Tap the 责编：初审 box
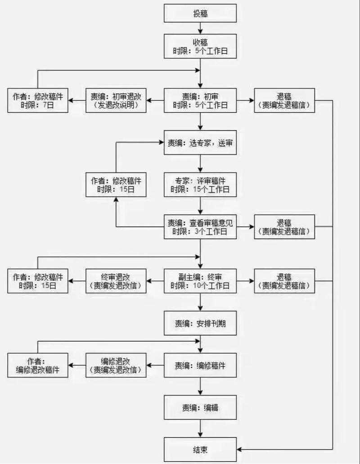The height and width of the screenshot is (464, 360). coord(200,100)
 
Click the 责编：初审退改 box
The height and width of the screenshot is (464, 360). coord(117,100)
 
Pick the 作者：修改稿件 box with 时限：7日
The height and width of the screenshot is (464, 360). coord(38,100)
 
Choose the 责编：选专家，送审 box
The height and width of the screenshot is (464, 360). coord(200,143)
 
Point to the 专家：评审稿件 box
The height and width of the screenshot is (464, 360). coord(200,185)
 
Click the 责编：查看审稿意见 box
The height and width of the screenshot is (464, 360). coord(200,227)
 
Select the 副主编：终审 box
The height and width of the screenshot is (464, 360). coord(200,281)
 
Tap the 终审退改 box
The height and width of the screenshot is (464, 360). coord(117,281)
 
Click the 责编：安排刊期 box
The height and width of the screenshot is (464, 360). coord(200,323)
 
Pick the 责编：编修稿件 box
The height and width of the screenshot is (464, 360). coord(200,365)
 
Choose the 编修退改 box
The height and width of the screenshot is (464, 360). coord(117,365)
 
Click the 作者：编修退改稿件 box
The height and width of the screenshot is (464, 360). coord(38,365)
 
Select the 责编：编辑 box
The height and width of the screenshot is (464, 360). coord(200,408)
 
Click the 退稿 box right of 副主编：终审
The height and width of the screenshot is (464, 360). coord(284,281)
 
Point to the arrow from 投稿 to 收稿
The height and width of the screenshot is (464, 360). coord(200,29)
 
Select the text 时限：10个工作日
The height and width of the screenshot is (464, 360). coord(200,286)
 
